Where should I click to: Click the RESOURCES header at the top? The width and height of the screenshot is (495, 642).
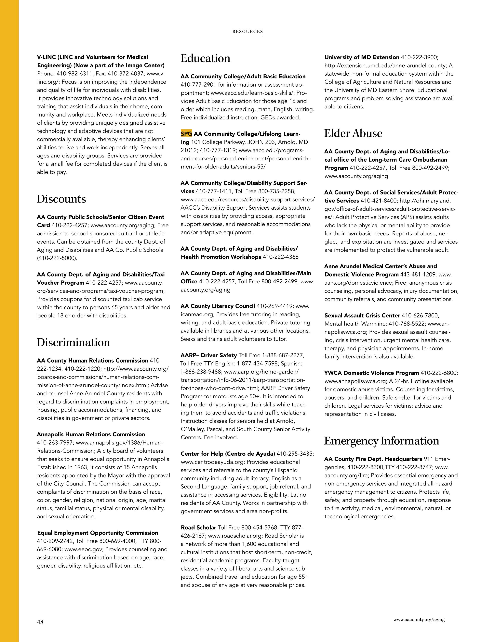(x=247, y=31)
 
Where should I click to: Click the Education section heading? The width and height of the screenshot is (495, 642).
(x=205, y=58)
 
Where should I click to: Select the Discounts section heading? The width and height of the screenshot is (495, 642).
(x=61, y=199)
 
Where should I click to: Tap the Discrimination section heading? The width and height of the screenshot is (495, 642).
(x=73, y=342)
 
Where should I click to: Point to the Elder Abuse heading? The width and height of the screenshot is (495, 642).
(x=353, y=133)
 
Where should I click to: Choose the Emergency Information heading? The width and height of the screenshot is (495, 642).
(x=381, y=441)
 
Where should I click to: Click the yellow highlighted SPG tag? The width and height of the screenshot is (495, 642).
(x=186, y=134)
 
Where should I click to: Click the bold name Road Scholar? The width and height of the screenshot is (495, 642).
(x=198, y=527)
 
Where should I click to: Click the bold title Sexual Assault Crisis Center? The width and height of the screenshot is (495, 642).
(x=362, y=315)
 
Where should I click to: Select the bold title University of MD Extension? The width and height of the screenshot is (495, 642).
(x=362, y=57)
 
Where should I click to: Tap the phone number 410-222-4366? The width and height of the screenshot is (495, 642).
(x=280, y=257)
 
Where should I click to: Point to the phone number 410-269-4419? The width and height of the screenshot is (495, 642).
(x=274, y=306)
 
